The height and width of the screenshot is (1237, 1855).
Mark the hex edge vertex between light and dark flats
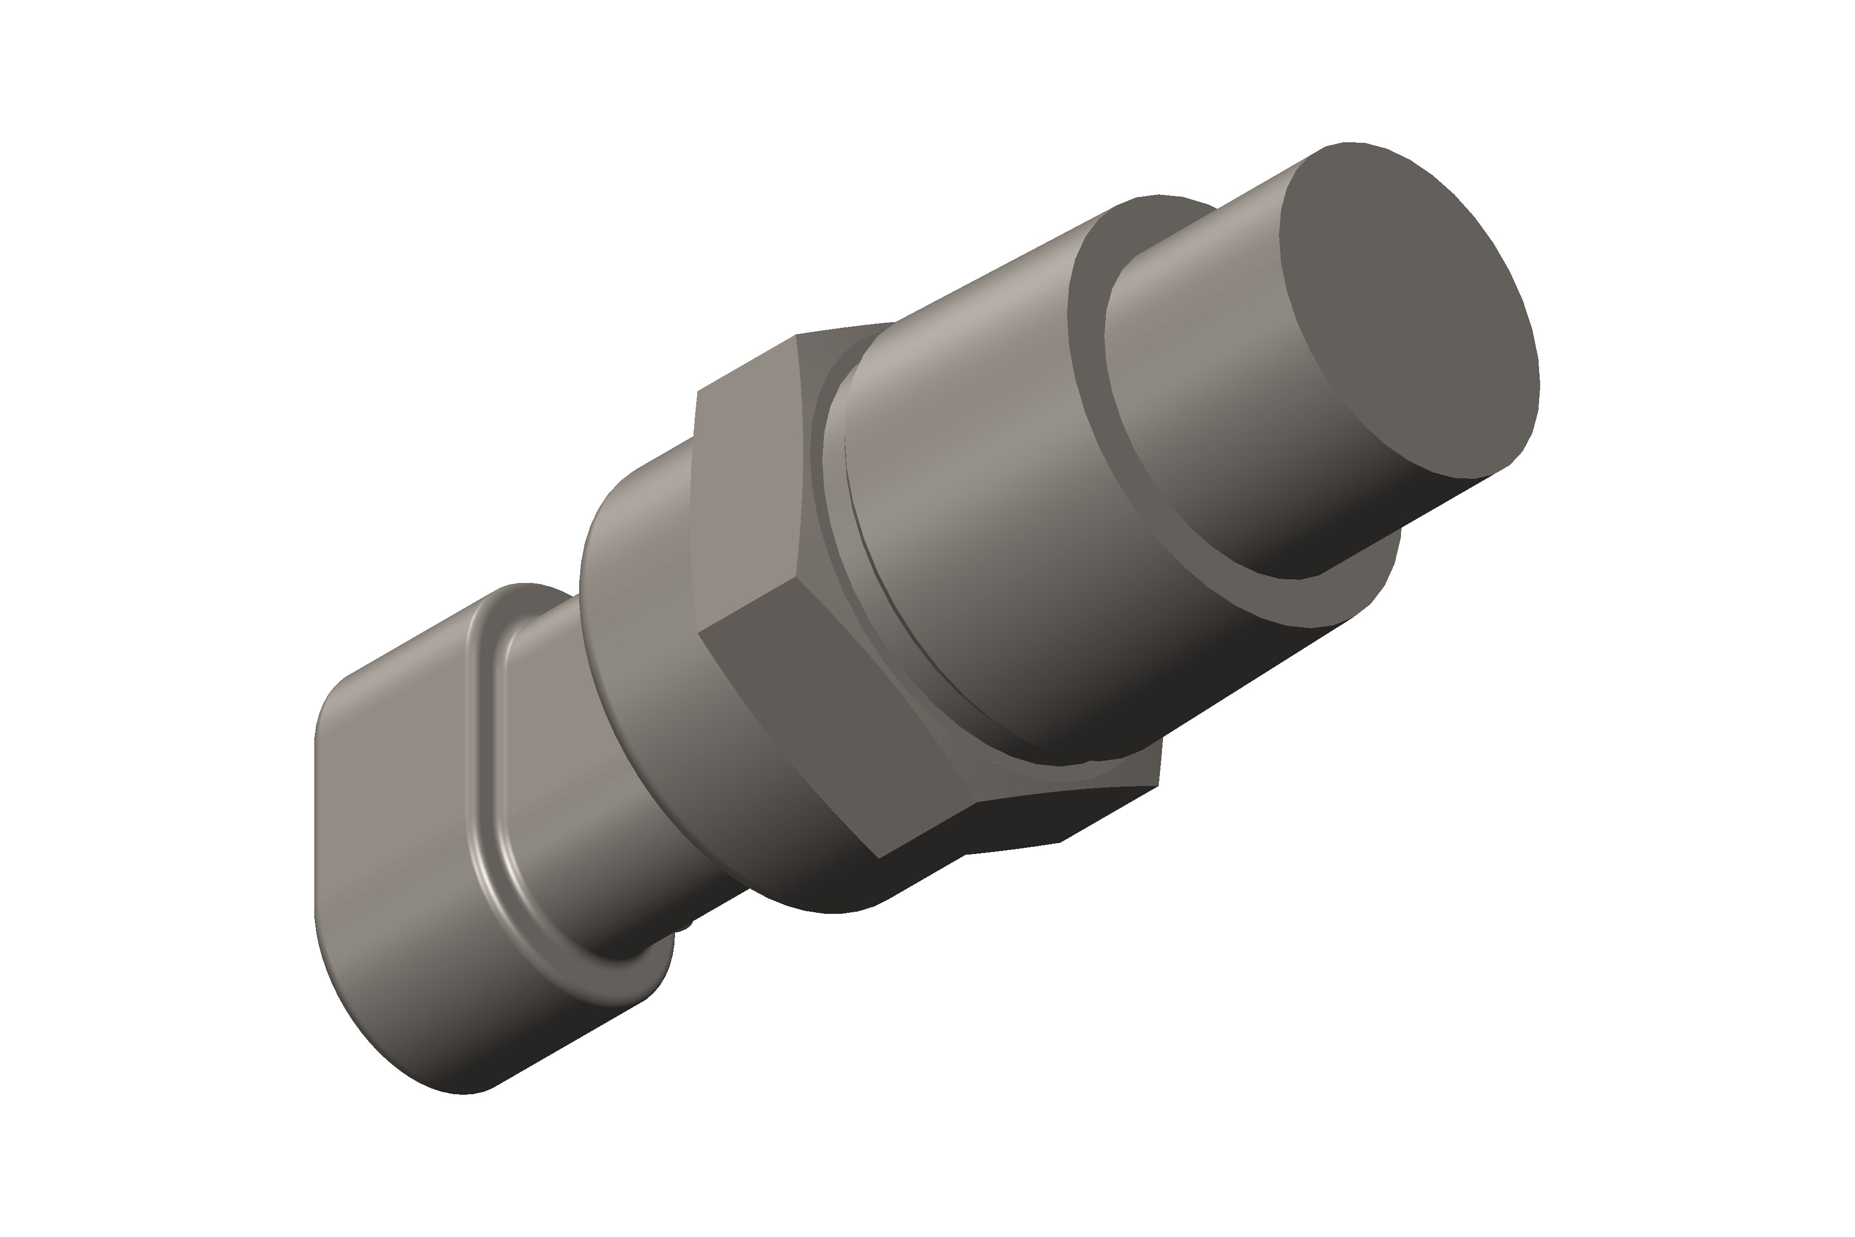[797, 580]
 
